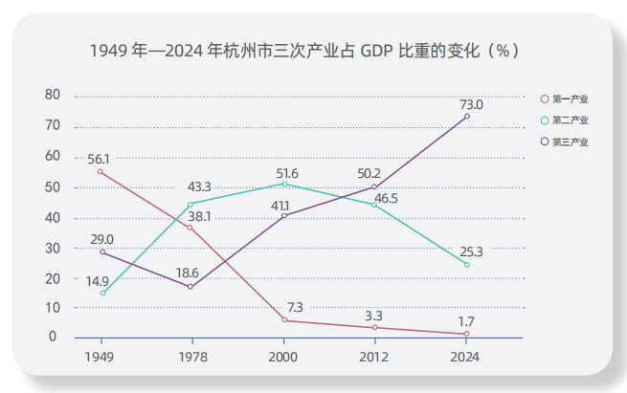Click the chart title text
click(305, 50)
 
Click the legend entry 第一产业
click(571, 98)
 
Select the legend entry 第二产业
click(571, 120)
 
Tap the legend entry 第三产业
click(571, 142)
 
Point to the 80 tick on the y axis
click(53, 95)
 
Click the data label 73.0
click(471, 104)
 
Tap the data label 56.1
click(99, 159)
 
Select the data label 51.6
click(287, 173)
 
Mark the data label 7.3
click(295, 307)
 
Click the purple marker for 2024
click(466, 117)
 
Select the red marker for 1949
click(101, 171)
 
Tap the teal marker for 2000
click(284, 184)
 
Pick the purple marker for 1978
click(190, 287)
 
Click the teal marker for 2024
click(466, 265)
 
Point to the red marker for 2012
click(374, 327)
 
